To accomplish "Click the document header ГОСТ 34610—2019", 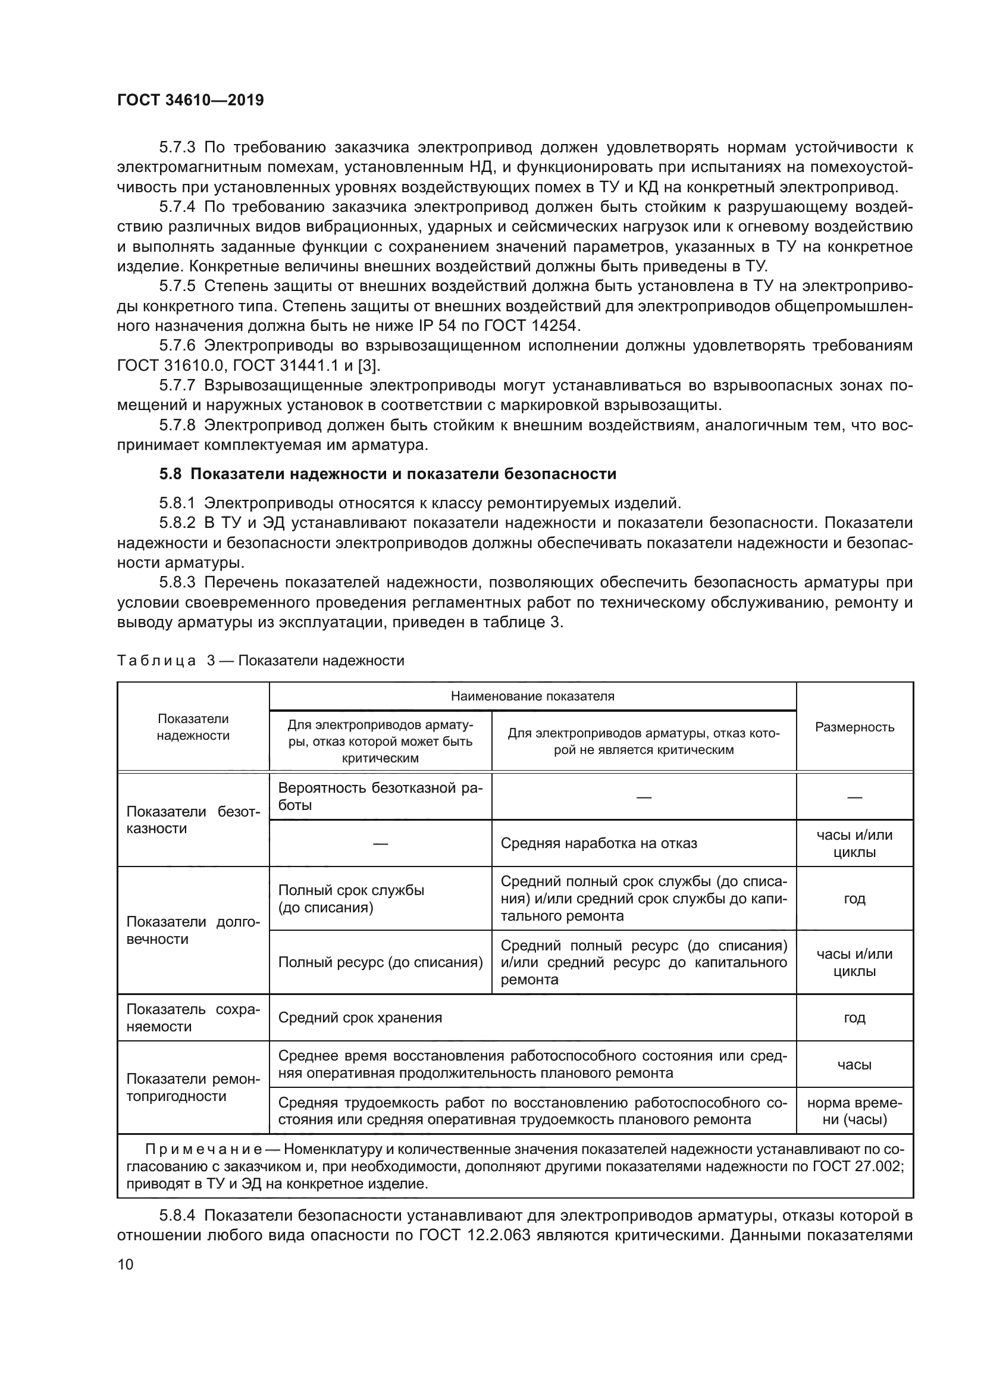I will click(190, 100).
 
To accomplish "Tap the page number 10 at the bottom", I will click(126, 1264).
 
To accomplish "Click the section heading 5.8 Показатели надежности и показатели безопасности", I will click(388, 474).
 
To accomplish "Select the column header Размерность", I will click(854, 727).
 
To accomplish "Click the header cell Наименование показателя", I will click(532, 696).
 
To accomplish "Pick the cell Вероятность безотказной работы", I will click(380, 796).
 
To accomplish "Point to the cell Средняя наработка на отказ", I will click(598, 843).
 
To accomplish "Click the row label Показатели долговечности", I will click(193, 930).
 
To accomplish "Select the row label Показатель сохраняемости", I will click(193, 1017).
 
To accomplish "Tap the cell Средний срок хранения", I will click(360, 1017).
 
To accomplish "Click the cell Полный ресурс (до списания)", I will click(380, 962).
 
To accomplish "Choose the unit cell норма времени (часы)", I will click(854, 1111).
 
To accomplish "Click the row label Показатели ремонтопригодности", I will click(193, 1087).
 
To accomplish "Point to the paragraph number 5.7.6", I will click(177, 346).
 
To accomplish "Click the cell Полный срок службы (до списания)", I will click(351, 899).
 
